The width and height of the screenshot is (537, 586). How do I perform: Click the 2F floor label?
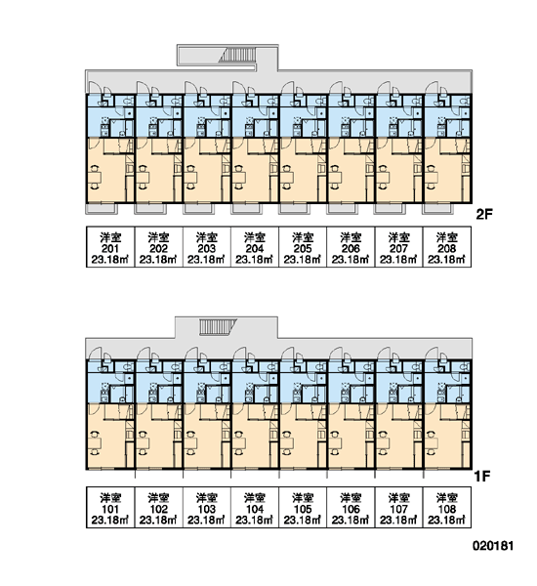[484, 214]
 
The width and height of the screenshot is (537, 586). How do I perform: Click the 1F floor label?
[482, 477]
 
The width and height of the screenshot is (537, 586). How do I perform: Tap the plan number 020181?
[493, 546]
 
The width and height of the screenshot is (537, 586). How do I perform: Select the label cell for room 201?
[110, 247]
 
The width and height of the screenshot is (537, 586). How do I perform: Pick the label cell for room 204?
[255, 247]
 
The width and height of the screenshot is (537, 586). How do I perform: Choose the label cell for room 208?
[447, 247]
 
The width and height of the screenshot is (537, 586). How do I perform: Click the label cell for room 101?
[110, 507]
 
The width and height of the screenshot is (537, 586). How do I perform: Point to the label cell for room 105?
[303, 507]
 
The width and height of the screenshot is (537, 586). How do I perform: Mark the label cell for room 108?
[447, 507]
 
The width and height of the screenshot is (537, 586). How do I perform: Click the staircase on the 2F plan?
[237, 56]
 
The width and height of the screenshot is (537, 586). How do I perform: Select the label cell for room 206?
[351, 247]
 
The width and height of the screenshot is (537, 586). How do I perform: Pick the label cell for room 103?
[207, 507]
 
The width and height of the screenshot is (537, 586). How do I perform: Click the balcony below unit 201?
[102, 209]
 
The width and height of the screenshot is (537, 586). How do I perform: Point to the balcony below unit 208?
[437, 209]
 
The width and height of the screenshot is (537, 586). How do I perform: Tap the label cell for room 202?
[159, 247]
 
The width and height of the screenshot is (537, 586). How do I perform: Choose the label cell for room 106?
[351, 507]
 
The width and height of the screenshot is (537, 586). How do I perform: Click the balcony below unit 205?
[294, 209]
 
